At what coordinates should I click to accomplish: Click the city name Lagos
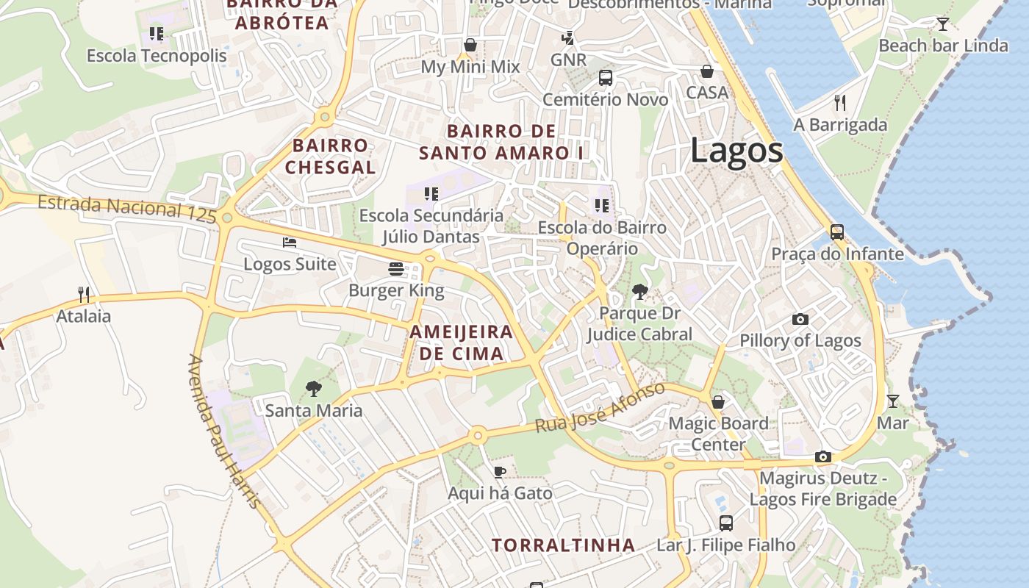point(736,151)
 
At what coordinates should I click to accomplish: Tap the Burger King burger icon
point(396,269)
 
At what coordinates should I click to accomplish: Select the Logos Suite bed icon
point(290,242)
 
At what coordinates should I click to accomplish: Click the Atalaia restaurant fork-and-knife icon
point(84,294)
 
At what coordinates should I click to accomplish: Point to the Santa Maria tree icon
point(314,388)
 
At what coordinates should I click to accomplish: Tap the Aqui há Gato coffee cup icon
point(500,471)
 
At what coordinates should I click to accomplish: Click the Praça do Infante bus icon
point(837,232)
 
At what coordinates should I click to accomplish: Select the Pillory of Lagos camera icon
point(800,319)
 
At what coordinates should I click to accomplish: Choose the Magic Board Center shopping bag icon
point(718,401)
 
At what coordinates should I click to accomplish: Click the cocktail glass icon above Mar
point(893,401)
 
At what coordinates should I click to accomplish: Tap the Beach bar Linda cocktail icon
point(943,24)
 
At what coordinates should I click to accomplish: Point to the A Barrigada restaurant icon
point(840,102)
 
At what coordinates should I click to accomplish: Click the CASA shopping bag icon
point(706,71)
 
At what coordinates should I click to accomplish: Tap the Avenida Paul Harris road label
point(224,431)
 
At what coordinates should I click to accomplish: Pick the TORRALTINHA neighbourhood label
point(563,545)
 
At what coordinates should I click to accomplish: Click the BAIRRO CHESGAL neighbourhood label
point(330,156)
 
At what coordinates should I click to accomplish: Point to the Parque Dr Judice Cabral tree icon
point(640,292)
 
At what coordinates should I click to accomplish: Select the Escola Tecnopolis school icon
point(157,33)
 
